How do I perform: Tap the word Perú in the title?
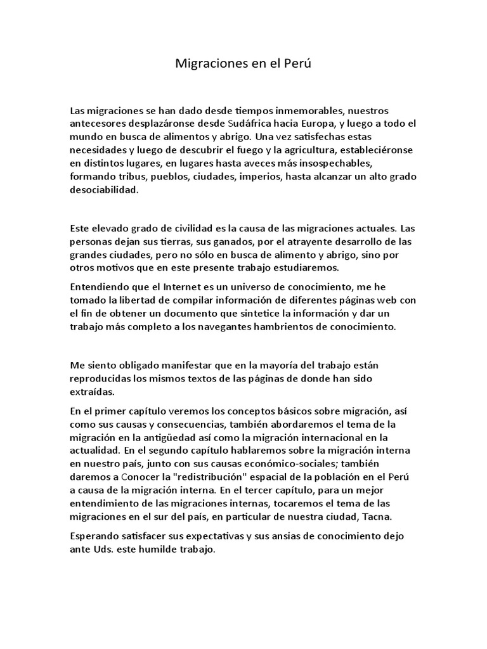point(298,65)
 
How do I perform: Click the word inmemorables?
point(298,110)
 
